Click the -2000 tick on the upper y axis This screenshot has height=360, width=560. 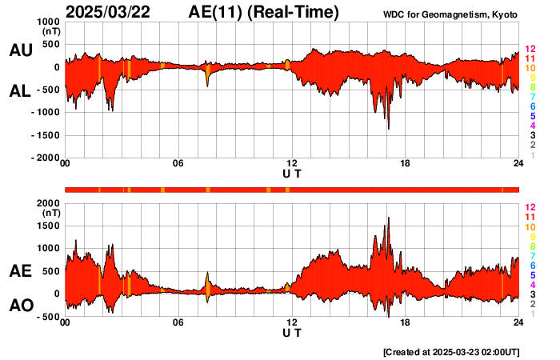point(45,158)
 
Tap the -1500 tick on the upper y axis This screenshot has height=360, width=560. point(45,136)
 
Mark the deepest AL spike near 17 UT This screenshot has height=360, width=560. point(389,128)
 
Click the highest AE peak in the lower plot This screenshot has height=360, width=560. point(388,218)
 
